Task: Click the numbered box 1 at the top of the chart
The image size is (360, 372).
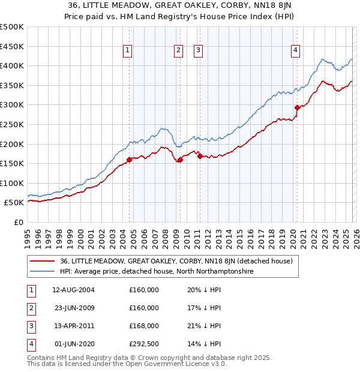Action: [x=128, y=51]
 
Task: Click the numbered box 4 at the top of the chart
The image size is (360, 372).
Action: [x=296, y=51]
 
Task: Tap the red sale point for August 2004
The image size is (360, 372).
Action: [x=129, y=160]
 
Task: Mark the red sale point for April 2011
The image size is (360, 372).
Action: [x=199, y=157]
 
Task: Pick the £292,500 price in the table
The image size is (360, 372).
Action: [x=144, y=344]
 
